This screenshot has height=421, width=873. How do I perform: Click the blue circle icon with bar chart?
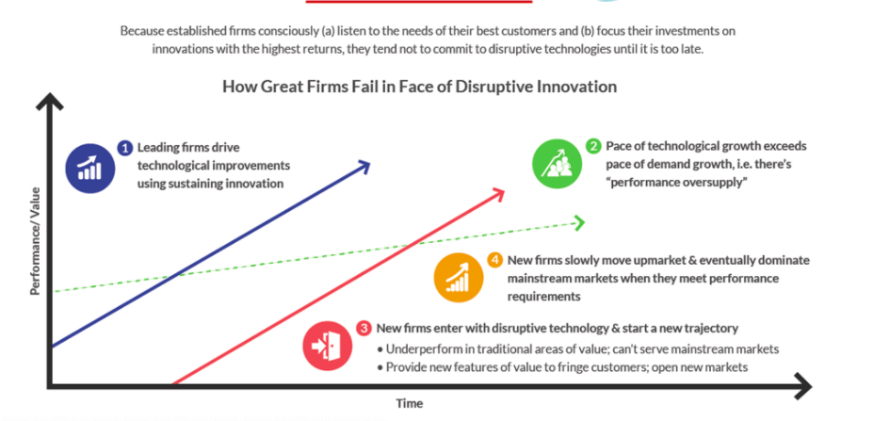click(x=89, y=169)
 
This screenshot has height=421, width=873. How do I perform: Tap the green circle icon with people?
click(x=557, y=164)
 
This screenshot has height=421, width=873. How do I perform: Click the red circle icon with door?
click(x=328, y=346)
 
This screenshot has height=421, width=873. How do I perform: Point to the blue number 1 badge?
click(x=125, y=148)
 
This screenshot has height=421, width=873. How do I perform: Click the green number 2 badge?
click(x=594, y=147)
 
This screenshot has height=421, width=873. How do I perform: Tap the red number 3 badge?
click(x=364, y=328)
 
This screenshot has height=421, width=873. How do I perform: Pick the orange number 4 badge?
click(x=495, y=260)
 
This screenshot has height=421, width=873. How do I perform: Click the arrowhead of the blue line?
click(x=364, y=166)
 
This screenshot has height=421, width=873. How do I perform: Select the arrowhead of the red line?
click(x=498, y=194)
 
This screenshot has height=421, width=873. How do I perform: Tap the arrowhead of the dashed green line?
click(x=579, y=223)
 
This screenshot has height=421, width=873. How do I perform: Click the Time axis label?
click(x=410, y=403)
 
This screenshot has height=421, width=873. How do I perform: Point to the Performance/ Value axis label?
click(x=36, y=240)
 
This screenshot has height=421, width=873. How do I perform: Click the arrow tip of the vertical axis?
click(x=50, y=95)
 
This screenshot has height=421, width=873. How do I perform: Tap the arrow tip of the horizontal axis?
click(x=811, y=385)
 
